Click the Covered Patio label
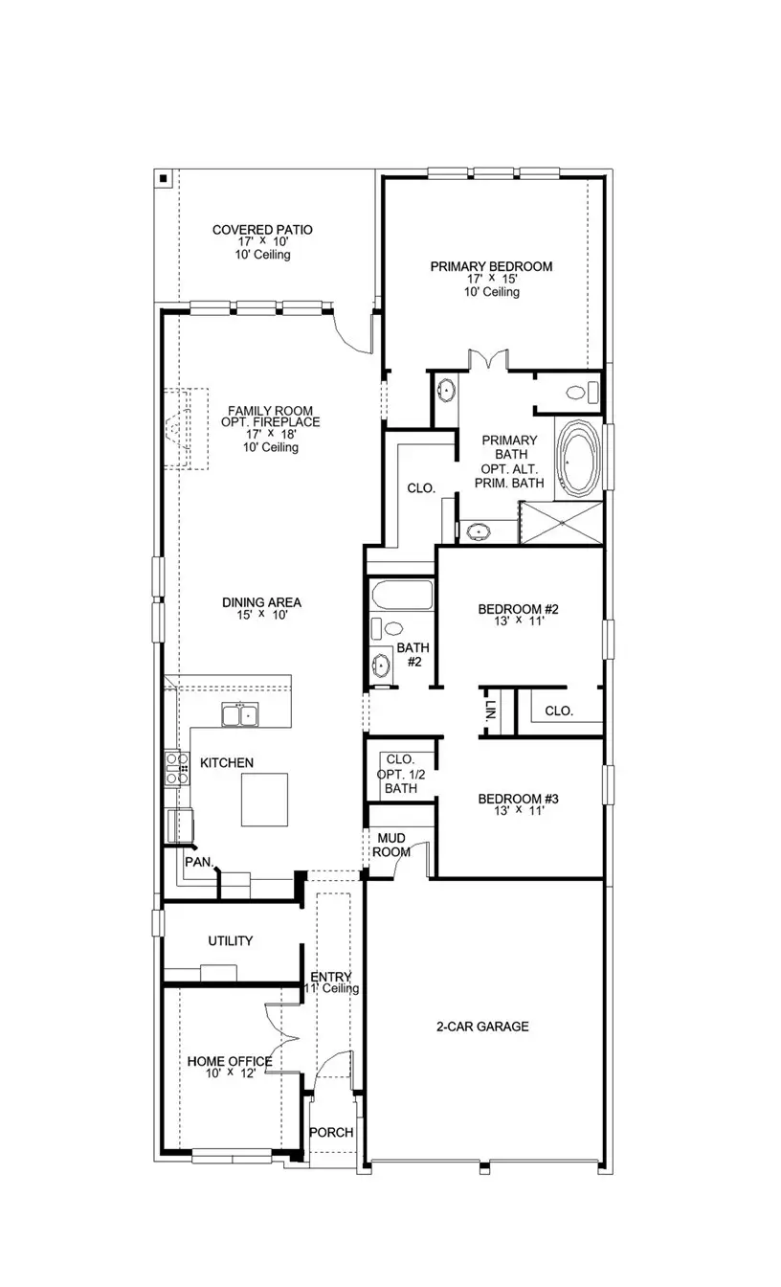tap(262, 230)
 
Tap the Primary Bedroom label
tap(492, 266)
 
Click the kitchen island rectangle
tap(264, 800)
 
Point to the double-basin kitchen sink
tap(240, 714)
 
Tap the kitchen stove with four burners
tap(177, 769)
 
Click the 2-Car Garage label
tap(482, 1027)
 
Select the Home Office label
tap(230, 1061)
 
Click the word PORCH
tap(331, 1132)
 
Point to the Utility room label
tap(231, 940)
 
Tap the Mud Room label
tap(391, 846)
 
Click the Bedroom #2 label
tap(518, 609)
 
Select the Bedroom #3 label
tap(518, 799)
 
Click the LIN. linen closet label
tap(490, 711)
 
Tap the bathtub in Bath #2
tap(402, 595)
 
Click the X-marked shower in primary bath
tap(561, 522)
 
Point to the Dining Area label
tap(261, 602)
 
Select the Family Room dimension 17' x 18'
tap(271, 435)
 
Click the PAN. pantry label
tap(199, 863)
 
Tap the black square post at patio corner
tap(164, 178)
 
